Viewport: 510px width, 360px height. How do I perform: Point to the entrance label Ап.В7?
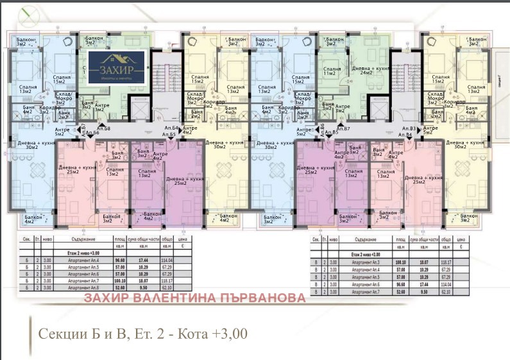[343, 129]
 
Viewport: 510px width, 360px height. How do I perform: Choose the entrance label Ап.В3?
[409, 129]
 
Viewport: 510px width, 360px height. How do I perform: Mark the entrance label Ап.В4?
[405, 135]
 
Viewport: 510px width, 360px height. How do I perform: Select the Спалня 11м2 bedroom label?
[332, 71]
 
